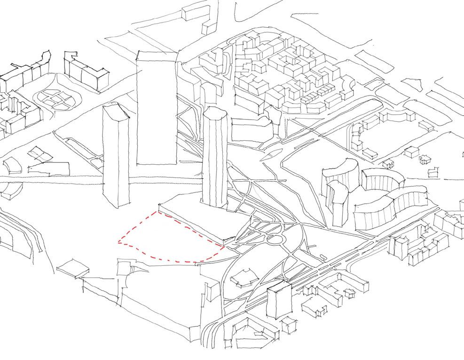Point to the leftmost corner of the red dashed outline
[x=118, y=243]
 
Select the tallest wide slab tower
[x=157, y=111]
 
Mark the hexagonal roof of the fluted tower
[x=215, y=113]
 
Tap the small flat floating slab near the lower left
[x=73, y=268]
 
